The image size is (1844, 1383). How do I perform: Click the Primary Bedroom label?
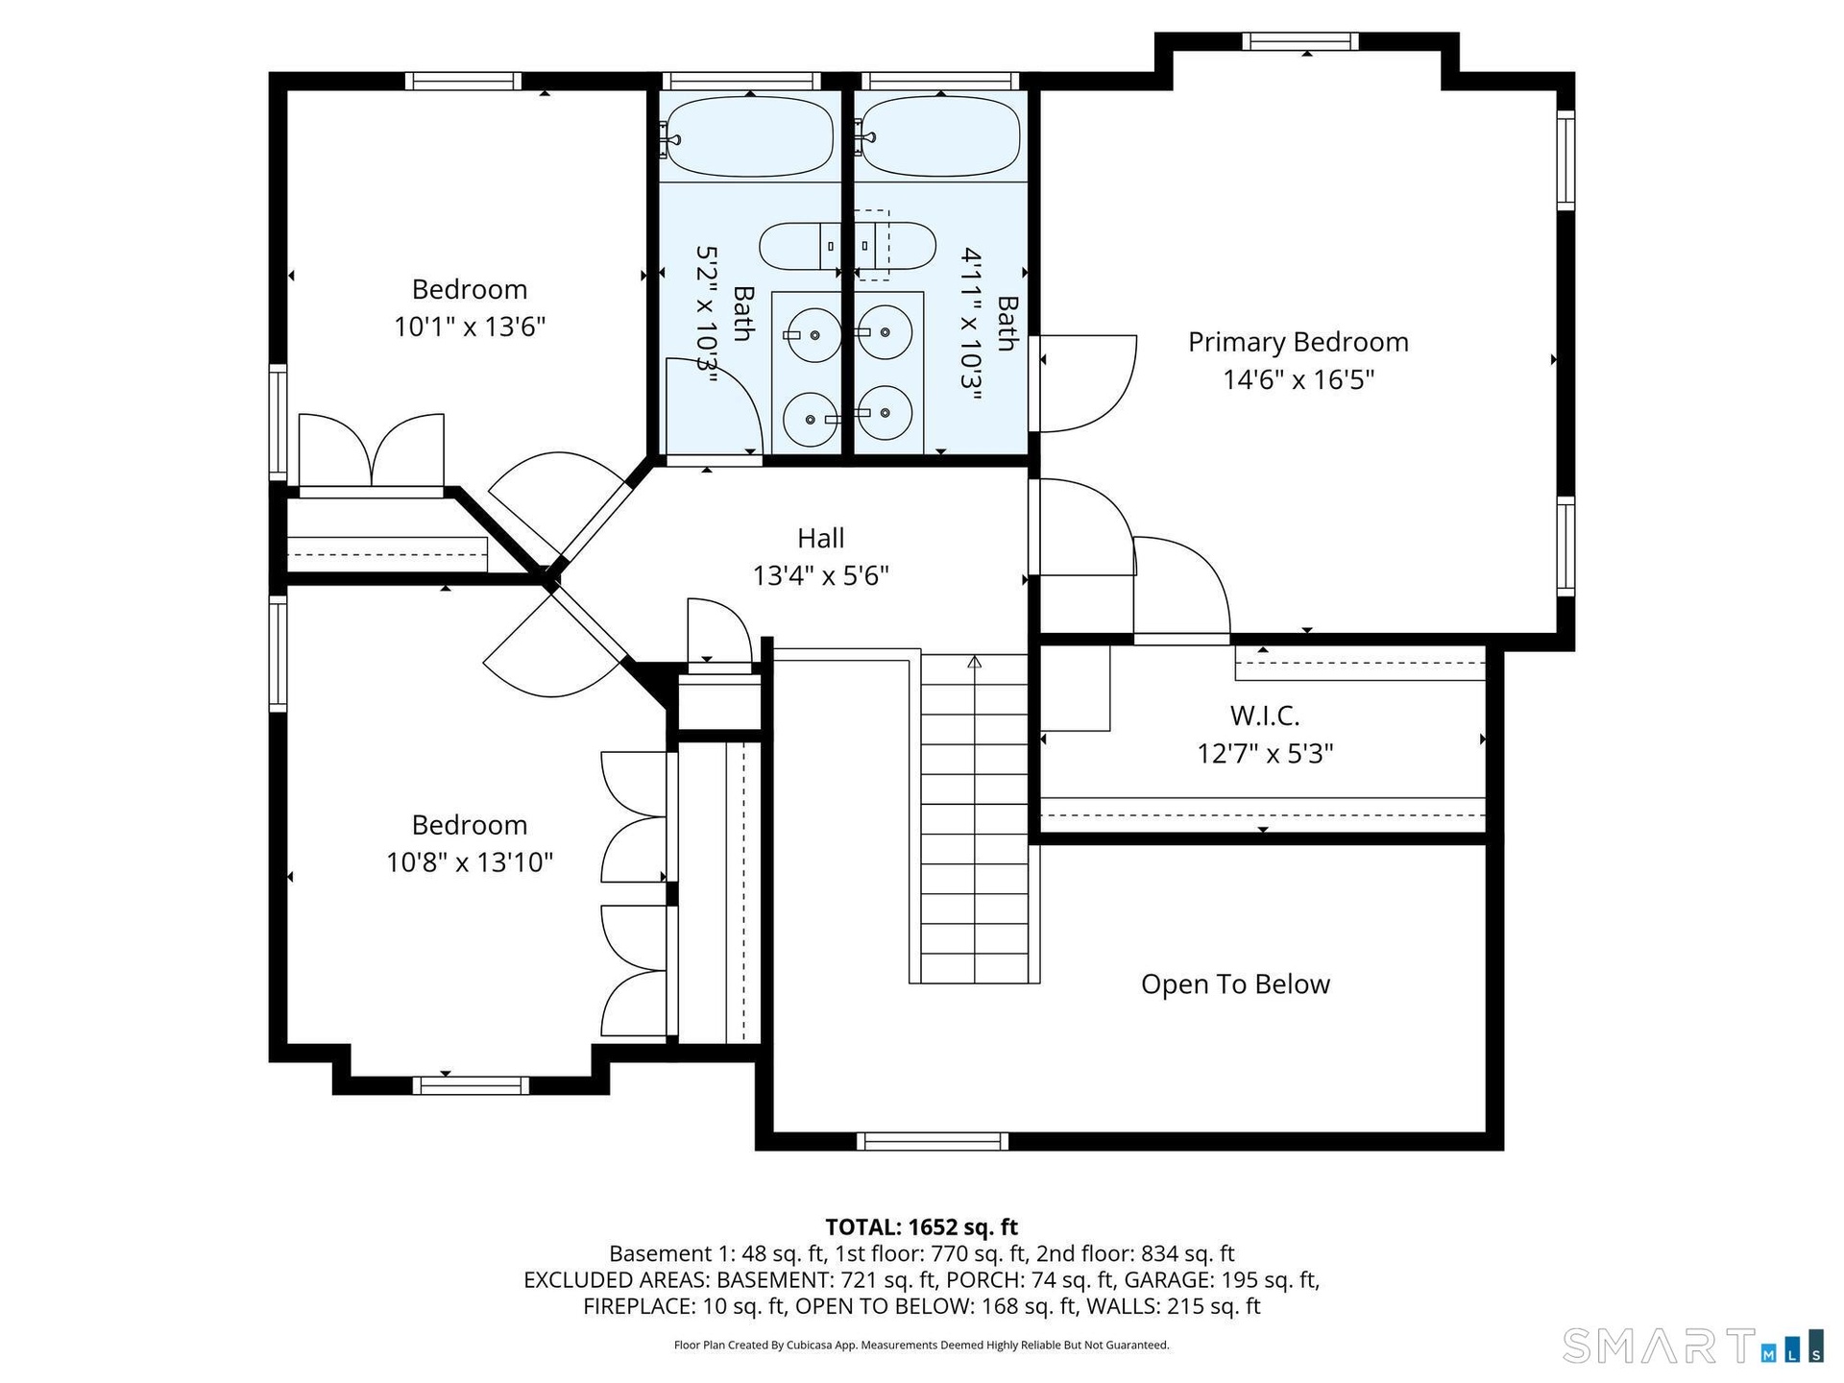[1298, 342]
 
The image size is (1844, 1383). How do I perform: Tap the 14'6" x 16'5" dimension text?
[1298, 379]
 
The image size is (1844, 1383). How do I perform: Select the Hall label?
[820, 538]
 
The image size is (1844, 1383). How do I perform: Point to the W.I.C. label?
[1264, 716]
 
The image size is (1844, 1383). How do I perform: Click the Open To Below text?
[1235, 984]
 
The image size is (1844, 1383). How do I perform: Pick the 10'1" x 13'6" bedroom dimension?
[470, 327]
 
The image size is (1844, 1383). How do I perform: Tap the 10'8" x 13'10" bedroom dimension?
[470, 862]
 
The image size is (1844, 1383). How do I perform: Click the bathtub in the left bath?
[750, 136]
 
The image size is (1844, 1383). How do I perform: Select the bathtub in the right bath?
[939, 136]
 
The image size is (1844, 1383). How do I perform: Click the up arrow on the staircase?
[974, 662]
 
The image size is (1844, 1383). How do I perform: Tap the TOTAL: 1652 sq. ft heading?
[921, 1226]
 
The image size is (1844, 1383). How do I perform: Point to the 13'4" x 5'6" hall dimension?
[820, 575]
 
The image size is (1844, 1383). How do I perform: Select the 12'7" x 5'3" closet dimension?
[1264, 754]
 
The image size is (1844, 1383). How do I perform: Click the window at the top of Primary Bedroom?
[1300, 41]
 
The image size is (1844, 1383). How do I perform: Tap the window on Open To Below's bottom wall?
[933, 1141]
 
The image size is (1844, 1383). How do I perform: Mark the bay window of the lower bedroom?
[471, 1085]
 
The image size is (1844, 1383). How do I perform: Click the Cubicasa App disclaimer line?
[921, 1345]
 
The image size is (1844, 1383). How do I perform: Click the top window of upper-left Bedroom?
[462, 81]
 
